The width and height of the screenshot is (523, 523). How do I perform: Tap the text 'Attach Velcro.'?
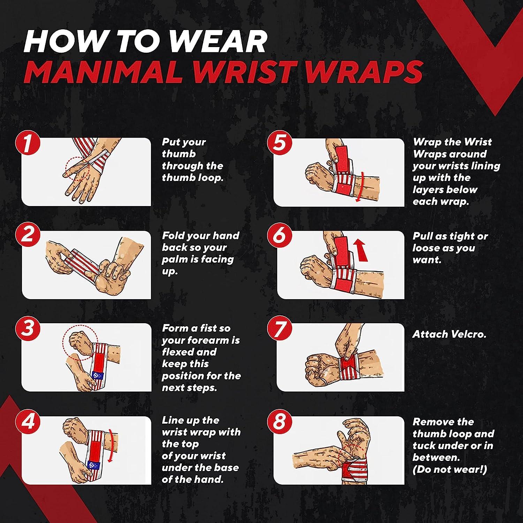click(449, 334)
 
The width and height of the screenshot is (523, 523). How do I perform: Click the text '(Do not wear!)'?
click(449, 469)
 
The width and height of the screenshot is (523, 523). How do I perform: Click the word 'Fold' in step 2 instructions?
click(173, 236)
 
